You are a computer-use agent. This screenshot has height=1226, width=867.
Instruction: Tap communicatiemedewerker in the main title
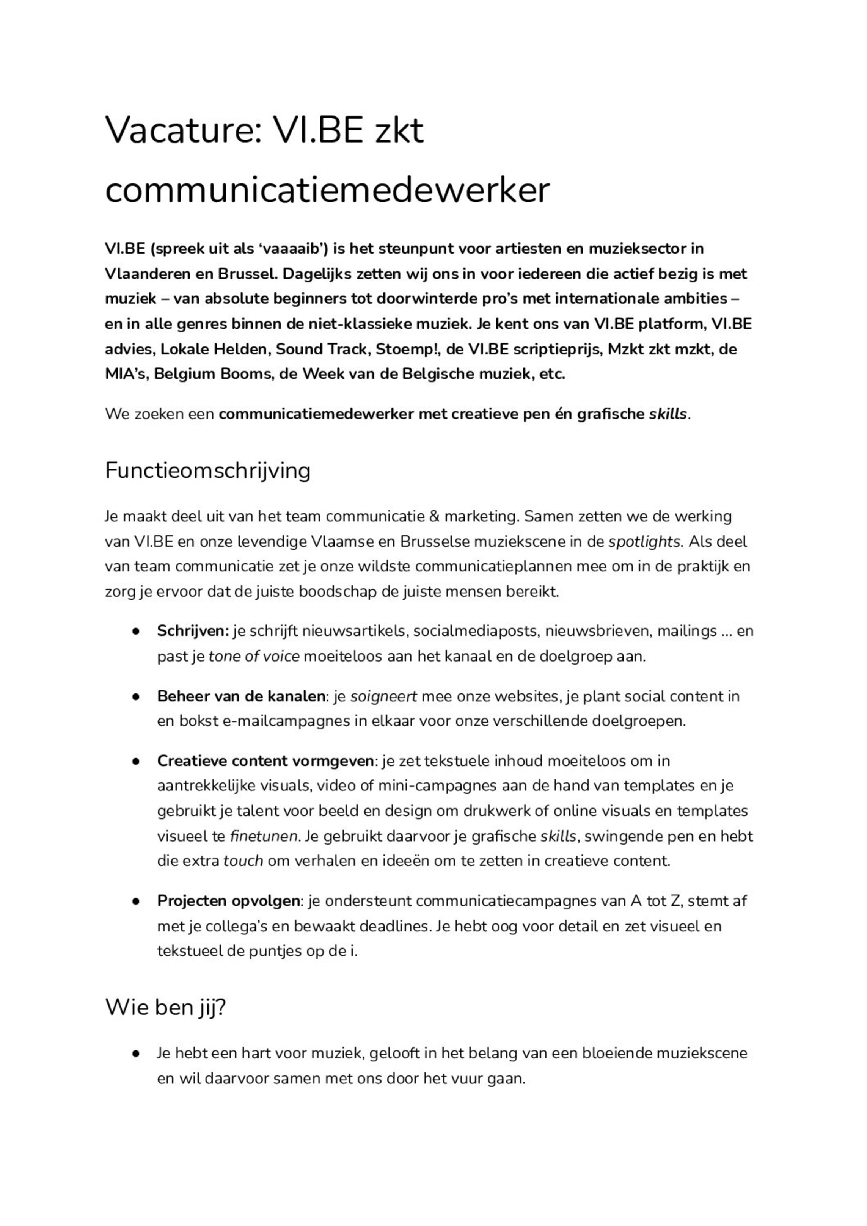click(327, 190)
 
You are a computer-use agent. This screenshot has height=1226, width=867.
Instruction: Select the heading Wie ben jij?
click(166, 1007)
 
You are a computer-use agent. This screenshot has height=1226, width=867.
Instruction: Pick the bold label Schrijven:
click(192, 631)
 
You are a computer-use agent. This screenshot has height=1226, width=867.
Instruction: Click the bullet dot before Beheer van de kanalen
click(136, 697)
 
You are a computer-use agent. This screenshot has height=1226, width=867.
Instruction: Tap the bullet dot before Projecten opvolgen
click(136, 901)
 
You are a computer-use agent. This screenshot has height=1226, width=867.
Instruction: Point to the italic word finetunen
click(263, 836)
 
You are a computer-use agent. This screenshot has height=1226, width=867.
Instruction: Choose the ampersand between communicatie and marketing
click(434, 516)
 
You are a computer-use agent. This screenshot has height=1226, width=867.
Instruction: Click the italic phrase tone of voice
click(254, 656)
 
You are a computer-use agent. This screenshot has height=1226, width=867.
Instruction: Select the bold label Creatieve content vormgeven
click(265, 761)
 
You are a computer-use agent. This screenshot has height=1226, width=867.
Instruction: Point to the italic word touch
click(243, 861)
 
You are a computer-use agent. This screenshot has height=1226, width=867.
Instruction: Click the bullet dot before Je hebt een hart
click(136, 1054)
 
